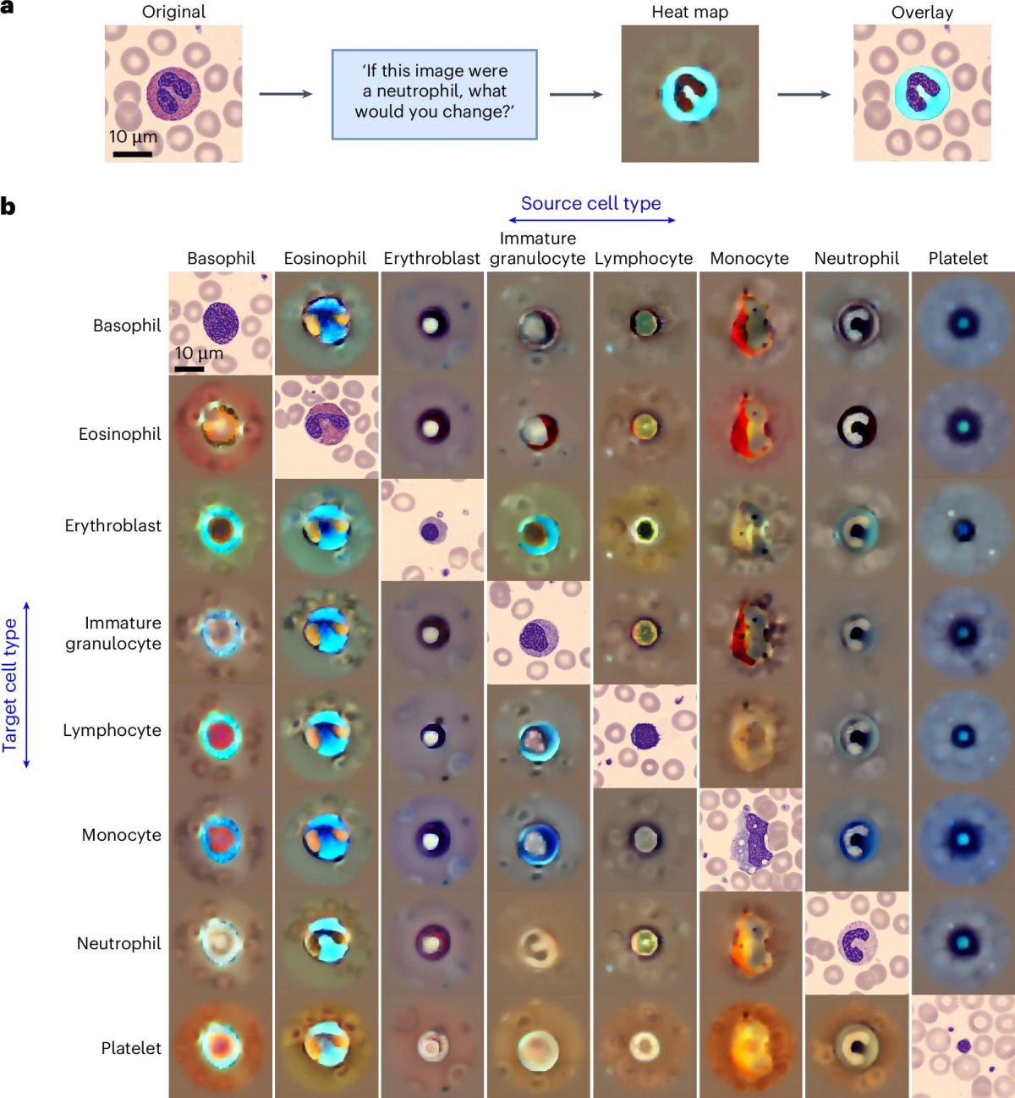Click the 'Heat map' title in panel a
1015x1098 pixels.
(689, 12)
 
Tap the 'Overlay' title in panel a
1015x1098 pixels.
(922, 12)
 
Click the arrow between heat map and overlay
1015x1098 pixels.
(804, 94)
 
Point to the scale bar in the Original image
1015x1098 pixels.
(132, 154)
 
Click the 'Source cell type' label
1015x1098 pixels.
(590, 203)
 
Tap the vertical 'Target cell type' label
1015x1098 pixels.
(10, 684)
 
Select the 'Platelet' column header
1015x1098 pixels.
(957, 258)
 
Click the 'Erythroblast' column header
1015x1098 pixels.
(431, 258)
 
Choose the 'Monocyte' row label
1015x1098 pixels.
(121, 835)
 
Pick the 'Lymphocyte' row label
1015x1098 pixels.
(112, 730)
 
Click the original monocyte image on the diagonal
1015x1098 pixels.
(750, 839)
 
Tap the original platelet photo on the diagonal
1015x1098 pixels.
(963, 1046)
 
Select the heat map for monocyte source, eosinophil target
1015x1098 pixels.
(750, 426)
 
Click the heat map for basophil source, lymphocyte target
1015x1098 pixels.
(221, 735)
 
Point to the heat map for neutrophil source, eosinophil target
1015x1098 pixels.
(857, 426)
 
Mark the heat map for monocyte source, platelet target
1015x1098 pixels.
(750, 1046)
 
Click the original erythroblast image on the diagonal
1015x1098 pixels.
(432, 530)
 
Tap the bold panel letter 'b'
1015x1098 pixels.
(8, 206)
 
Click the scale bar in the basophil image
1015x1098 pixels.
(189, 369)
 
